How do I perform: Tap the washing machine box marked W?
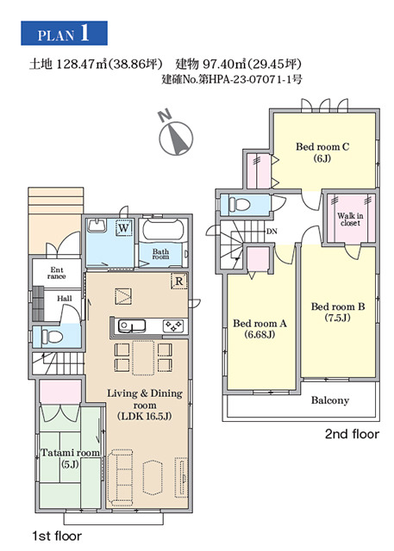coord(123,228)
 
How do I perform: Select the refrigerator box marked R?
coord(179,282)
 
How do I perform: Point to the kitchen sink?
coord(132,325)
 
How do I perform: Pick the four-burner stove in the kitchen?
coord(173,325)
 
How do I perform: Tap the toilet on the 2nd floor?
coord(239,204)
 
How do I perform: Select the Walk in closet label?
coord(350,220)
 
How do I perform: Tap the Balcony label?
coord(330,400)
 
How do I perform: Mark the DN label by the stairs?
coord(272,232)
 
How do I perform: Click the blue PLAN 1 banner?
coord(64,33)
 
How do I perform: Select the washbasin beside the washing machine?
coord(97,226)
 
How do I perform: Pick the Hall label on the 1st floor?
coord(65,299)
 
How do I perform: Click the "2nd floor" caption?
coord(352,434)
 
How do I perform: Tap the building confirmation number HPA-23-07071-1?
coord(251,79)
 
